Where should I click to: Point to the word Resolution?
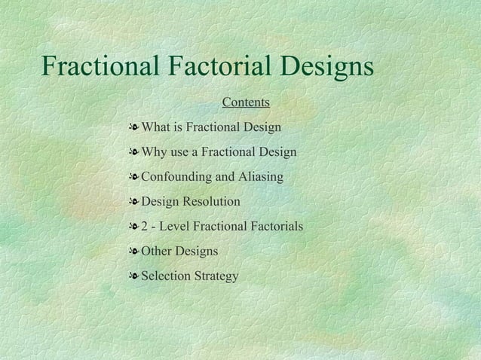coord(212,202)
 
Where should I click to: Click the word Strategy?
coord(216,276)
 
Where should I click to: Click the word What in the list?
coord(157,127)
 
